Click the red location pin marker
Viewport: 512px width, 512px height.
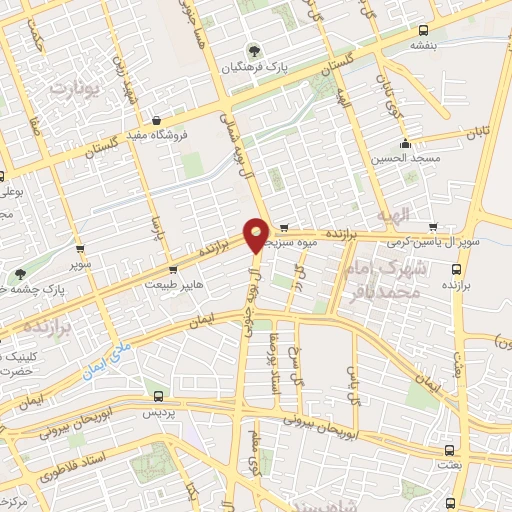coord(256,233)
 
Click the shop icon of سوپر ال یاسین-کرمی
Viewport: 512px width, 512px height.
coord(433,227)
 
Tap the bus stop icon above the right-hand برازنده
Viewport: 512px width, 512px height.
coord(457,268)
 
